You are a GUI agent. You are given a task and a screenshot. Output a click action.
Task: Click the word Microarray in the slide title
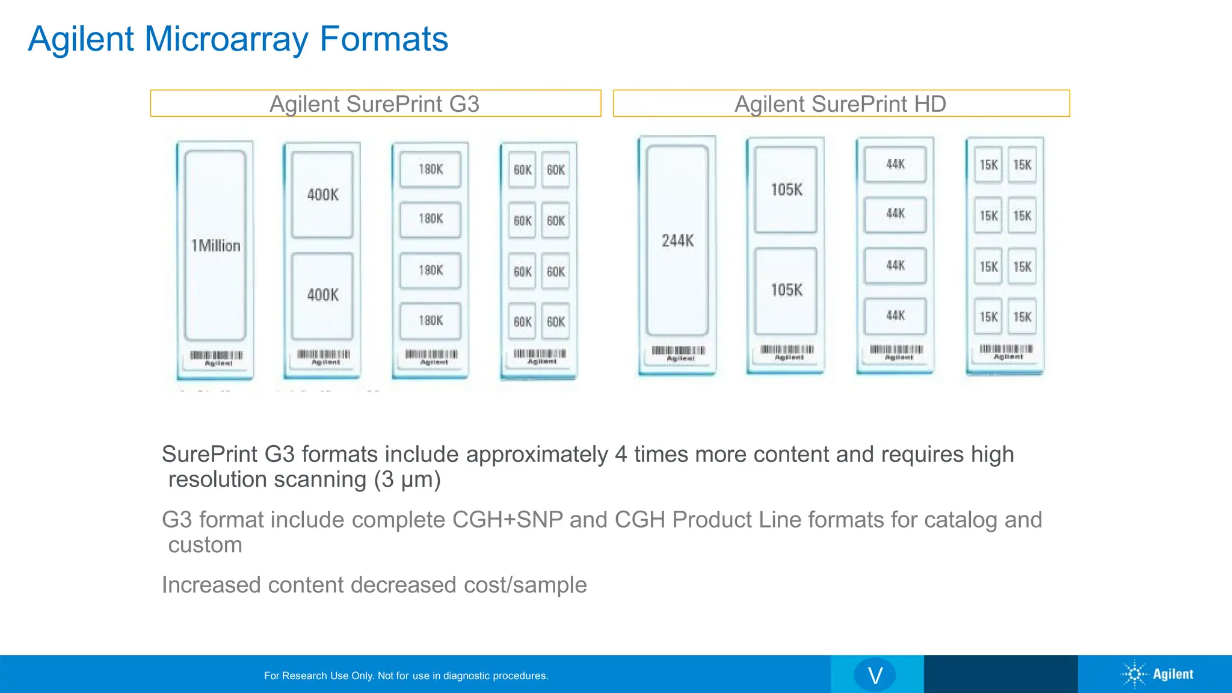(227, 39)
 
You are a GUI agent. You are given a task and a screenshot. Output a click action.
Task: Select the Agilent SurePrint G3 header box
(375, 103)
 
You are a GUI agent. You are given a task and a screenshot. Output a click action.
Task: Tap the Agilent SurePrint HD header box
(840, 103)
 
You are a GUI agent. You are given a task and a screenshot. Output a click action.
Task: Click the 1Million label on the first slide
(215, 245)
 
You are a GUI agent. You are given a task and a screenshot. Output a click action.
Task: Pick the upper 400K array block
(322, 194)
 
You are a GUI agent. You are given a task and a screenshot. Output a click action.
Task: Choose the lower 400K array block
(322, 295)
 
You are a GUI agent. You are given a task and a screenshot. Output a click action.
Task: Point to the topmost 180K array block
(431, 170)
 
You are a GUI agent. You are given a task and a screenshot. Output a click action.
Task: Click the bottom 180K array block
(431, 321)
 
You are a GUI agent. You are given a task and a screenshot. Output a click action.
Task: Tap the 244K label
(677, 241)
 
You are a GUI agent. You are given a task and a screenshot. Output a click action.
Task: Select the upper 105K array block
(786, 189)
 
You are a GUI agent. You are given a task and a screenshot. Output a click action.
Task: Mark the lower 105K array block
(786, 290)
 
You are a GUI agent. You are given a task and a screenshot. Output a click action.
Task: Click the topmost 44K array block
(895, 164)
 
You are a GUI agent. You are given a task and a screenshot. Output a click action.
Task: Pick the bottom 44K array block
(895, 316)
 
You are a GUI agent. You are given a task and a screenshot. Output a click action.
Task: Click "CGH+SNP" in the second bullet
(507, 520)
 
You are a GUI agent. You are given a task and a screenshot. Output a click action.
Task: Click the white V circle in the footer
(875, 675)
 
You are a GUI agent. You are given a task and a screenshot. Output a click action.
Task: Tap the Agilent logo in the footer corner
(1157, 674)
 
